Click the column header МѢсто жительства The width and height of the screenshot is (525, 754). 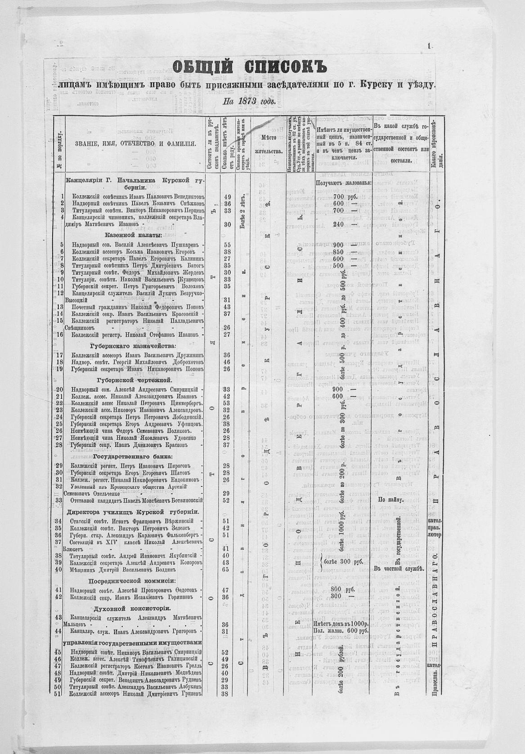268,143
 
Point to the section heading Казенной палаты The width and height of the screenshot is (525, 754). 133,235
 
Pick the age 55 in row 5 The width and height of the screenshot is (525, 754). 227,245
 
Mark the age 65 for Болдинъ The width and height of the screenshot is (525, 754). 226,569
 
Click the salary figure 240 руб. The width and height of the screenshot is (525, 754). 341,224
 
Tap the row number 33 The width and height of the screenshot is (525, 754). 58,500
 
